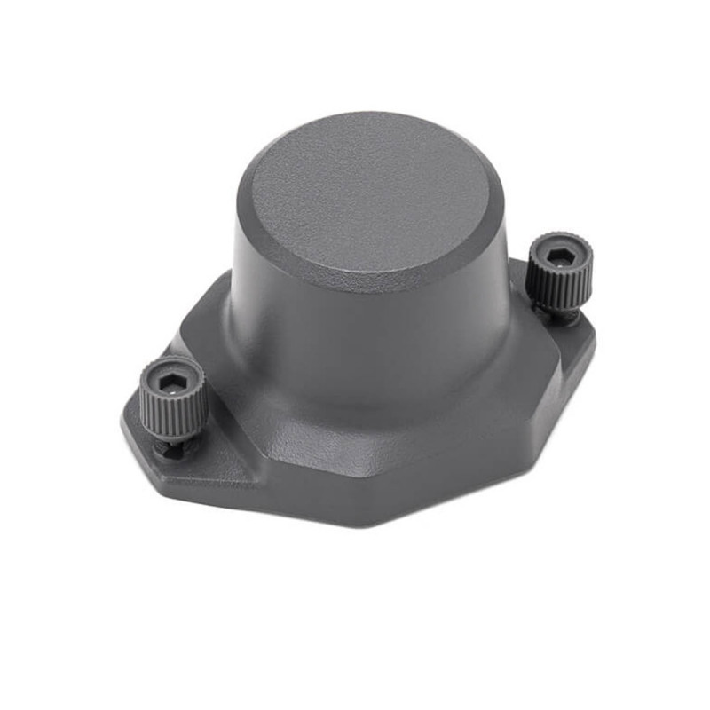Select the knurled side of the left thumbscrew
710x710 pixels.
(174, 413)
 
